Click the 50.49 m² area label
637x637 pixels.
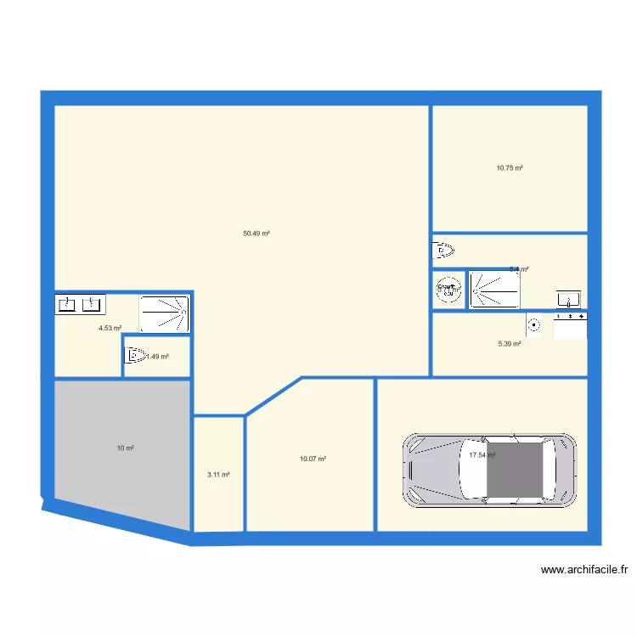coord(256,234)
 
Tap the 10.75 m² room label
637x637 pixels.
coord(510,168)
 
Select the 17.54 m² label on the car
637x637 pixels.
coord(482,455)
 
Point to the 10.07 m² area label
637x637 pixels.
coord(313,459)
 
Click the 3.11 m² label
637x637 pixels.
coord(219,475)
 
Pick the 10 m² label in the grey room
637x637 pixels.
coord(125,448)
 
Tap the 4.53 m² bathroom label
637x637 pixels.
coord(110,328)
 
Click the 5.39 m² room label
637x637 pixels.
coord(509,344)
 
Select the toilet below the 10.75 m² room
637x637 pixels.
coord(443,250)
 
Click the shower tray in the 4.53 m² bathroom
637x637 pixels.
coord(164,313)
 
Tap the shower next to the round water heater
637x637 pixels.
coord(493,289)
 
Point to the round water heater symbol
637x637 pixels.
coord(448,289)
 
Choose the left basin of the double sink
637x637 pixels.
coord(65,303)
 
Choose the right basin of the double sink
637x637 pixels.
coord(93,303)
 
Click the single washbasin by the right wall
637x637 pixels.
coord(568,298)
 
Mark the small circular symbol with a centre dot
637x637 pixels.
coord(534,323)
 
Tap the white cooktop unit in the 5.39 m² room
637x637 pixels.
coord(570,325)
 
